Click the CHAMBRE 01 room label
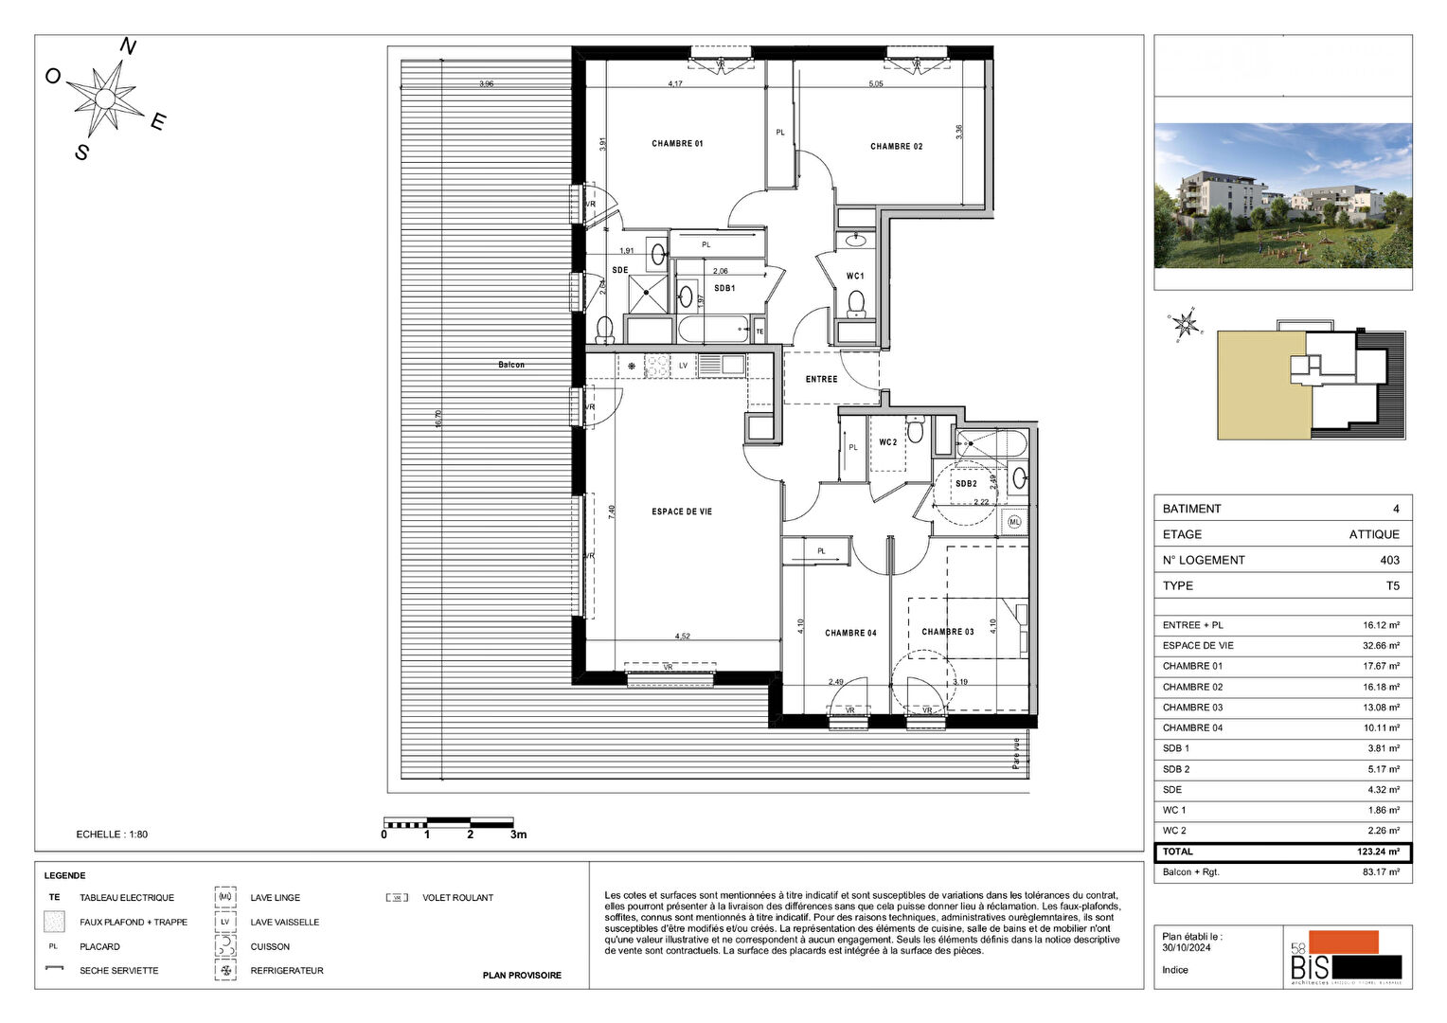coord(677,144)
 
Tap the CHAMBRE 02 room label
coord(896,147)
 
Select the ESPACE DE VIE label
coord(681,511)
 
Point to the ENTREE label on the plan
coord(821,379)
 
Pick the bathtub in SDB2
coord(991,442)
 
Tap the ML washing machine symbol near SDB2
coord(1014,522)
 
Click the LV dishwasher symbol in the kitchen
coord(683,365)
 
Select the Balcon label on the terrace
coord(511,365)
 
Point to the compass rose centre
coord(106,99)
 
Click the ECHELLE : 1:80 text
coord(112,835)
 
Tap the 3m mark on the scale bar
coord(518,835)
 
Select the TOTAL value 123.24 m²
coord(1378,852)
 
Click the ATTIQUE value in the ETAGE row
coord(1373,534)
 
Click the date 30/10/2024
coord(1186,947)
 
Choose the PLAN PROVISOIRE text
coord(522,975)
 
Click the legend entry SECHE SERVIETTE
coord(118,971)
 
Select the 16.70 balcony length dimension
coord(438,419)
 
